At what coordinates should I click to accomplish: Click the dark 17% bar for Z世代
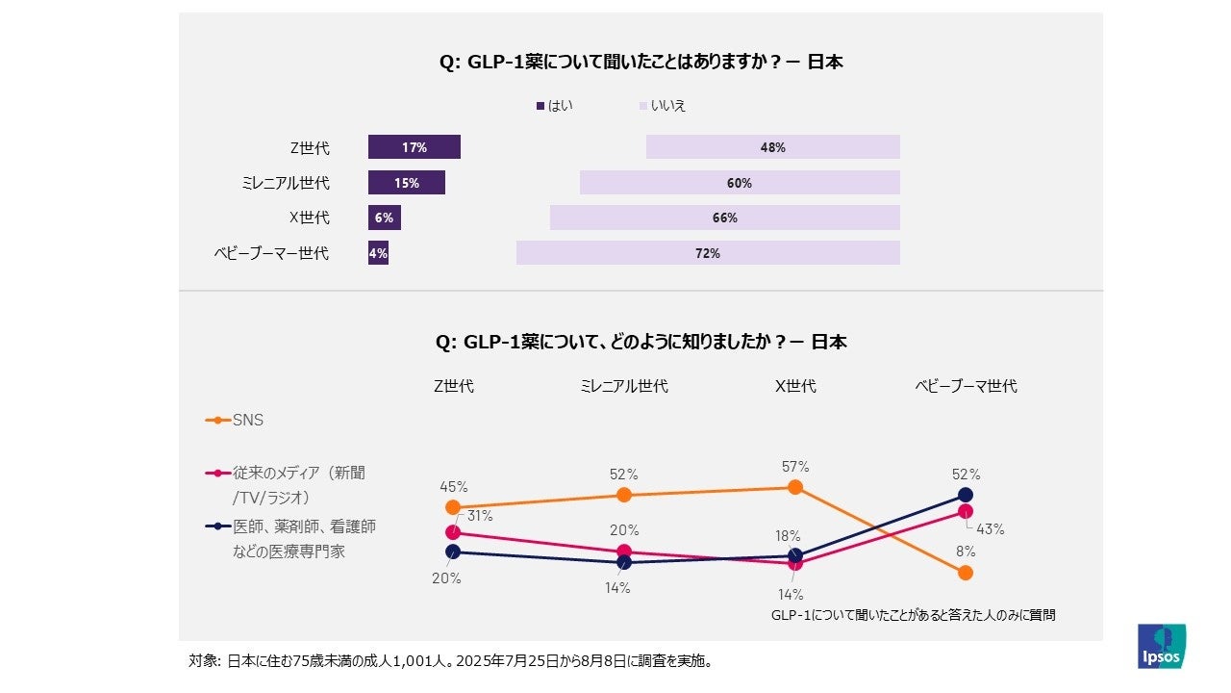pyautogui.click(x=415, y=147)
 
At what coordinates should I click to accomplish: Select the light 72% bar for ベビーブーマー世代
pyautogui.click(x=708, y=253)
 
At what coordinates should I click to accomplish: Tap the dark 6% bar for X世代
pyautogui.click(x=384, y=218)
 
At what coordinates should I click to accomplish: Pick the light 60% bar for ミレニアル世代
pyautogui.click(x=739, y=183)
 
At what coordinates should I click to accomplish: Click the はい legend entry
pyautogui.click(x=555, y=106)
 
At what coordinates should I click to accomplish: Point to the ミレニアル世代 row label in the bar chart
pyautogui.click(x=285, y=183)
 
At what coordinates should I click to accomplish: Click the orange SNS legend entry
pyautogui.click(x=235, y=420)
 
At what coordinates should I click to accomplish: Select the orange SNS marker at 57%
pyautogui.click(x=795, y=487)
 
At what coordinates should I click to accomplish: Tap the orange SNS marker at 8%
pyautogui.click(x=966, y=573)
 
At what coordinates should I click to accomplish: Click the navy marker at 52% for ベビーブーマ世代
pyautogui.click(x=966, y=495)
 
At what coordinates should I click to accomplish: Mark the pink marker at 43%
pyautogui.click(x=966, y=511)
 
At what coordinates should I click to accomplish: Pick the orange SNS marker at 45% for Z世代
pyautogui.click(x=453, y=506)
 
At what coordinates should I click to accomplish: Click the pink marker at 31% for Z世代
pyautogui.click(x=453, y=531)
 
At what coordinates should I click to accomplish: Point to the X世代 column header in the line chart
pyautogui.click(x=795, y=386)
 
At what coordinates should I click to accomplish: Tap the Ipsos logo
pyautogui.click(x=1162, y=646)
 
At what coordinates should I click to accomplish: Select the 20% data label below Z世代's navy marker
pyautogui.click(x=446, y=578)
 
